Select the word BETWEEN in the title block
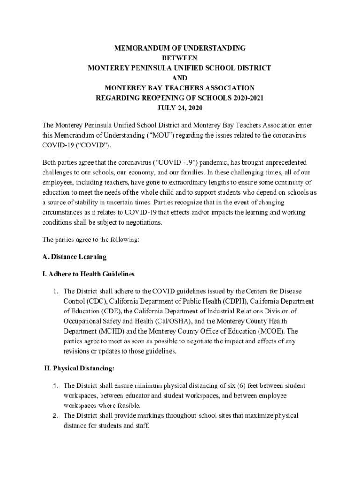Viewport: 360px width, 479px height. coord(180,58)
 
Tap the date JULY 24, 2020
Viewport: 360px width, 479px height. coord(180,108)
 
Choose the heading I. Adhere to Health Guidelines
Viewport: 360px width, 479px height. coord(88,274)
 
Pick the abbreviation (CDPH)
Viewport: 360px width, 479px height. coord(239,301)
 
